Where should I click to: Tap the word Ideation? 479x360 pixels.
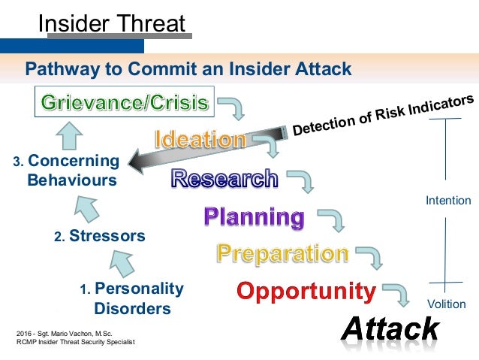click(200, 139)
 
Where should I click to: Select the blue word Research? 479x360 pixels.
click(224, 178)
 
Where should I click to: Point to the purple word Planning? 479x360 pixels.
click(255, 217)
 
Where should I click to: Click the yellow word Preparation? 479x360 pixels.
click(282, 253)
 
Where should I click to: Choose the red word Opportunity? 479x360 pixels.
click(306, 290)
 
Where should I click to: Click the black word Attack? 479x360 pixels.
click(390, 328)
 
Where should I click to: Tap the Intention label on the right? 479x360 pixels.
click(448, 201)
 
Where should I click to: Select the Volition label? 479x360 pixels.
click(446, 304)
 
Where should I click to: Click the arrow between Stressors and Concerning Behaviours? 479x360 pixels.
click(89, 204)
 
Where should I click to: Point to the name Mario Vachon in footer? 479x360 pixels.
click(71, 332)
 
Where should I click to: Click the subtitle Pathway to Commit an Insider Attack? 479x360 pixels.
click(188, 70)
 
